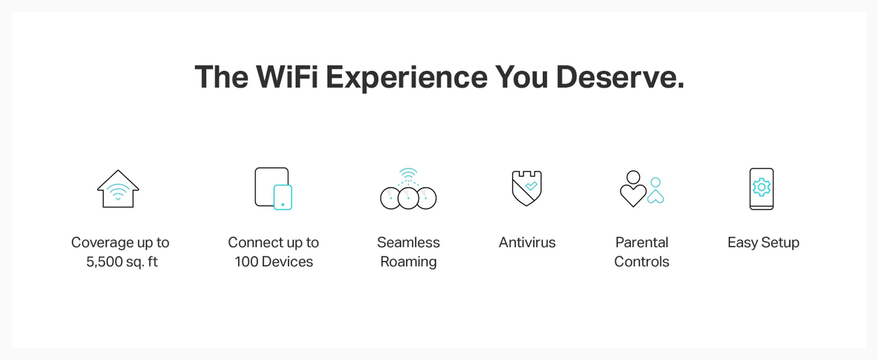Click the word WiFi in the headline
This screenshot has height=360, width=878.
(287, 77)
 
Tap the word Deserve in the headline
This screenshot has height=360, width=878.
(620, 77)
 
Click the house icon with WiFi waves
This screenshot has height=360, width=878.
(118, 189)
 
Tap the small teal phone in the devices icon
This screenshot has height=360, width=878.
(283, 197)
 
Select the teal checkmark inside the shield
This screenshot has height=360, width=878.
(531, 186)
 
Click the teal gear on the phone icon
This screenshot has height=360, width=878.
(762, 187)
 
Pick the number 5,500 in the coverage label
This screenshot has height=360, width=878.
(104, 262)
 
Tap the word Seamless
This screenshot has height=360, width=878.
(408, 242)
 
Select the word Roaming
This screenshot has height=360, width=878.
(408, 262)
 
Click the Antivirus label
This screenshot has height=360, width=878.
(527, 242)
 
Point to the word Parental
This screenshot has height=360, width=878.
(642, 242)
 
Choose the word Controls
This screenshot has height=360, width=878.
(642, 262)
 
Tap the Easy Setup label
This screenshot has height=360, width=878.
(763, 243)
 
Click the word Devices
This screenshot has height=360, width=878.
(287, 262)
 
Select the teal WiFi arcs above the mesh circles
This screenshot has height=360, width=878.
(408, 174)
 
